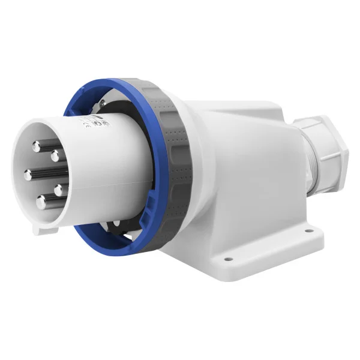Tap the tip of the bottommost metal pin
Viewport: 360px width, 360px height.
pyautogui.click(x=41, y=202)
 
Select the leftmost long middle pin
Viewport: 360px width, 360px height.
pyautogui.click(x=28, y=175)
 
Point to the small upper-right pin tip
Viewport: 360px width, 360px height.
pyautogui.click(x=55, y=156)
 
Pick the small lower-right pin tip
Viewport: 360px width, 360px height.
pyautogui.click(x=59, y=190)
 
